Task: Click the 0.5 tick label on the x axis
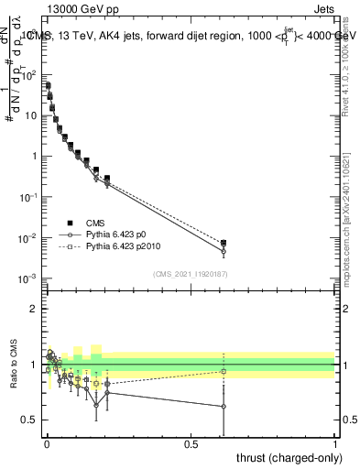[191, 444]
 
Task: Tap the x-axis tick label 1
[335, 444]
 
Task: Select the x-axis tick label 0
[46, 444]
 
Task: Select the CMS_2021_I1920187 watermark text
[190, 274]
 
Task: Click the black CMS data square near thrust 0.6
[224, 243]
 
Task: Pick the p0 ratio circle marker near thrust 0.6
[224, 407]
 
